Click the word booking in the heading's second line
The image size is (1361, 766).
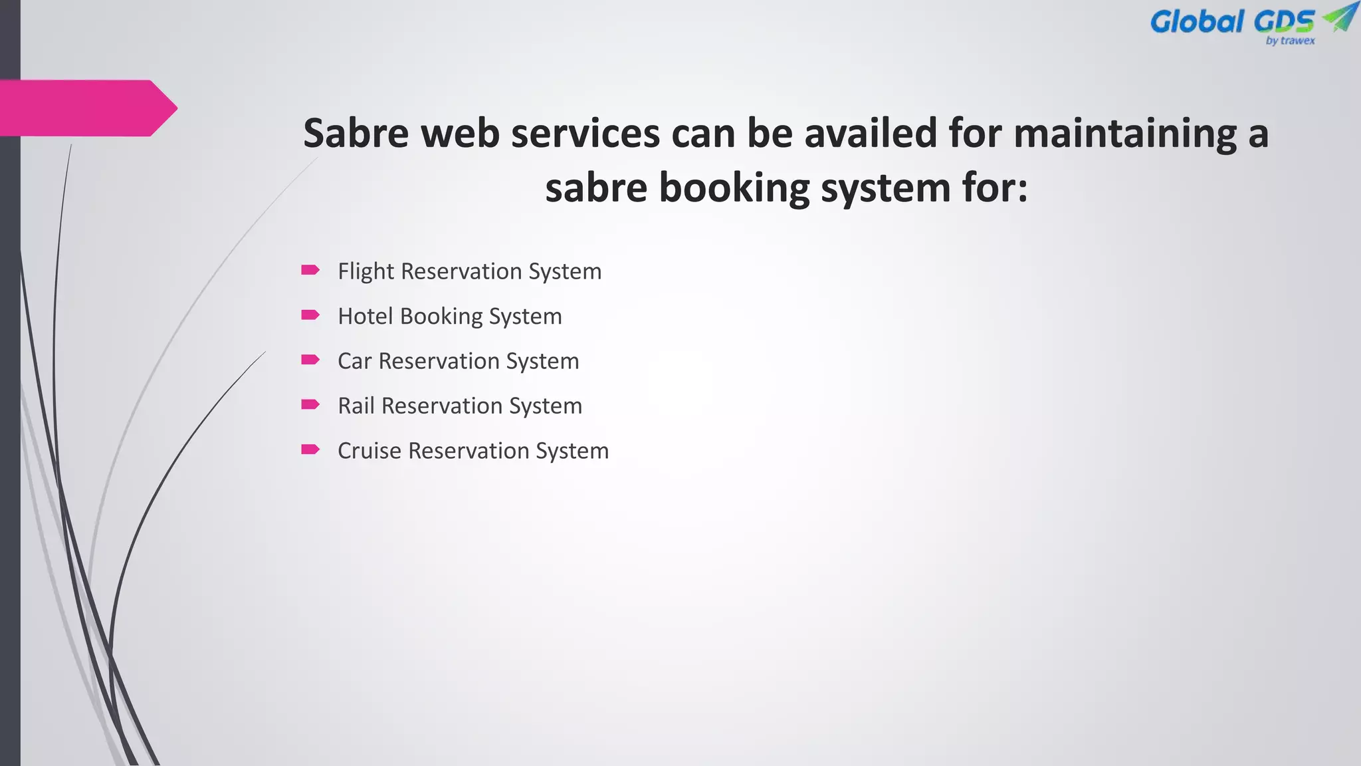[734, 189]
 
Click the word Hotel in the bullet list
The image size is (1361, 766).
[366, 317]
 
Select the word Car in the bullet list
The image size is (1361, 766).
[354, 361]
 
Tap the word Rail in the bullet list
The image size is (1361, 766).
[356, 406]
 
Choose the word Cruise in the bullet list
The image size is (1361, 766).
[369, 451]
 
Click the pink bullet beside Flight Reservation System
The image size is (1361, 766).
[310, 270]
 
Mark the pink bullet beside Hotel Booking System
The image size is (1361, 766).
[310, 315]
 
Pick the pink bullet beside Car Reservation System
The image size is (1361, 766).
[310, 360]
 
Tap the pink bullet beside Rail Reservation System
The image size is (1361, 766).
[310, 404]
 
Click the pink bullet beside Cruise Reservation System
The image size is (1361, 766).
[310, 449]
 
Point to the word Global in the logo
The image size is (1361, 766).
[1197, 22]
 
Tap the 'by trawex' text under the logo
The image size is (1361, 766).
[1290, 41]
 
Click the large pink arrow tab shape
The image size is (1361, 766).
[86, 108]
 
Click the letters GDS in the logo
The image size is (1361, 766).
[1284, 22]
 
